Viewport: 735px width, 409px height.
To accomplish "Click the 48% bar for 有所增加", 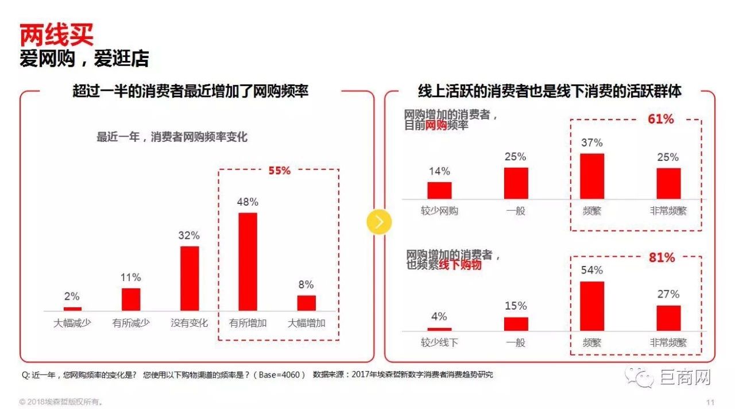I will (247, 261).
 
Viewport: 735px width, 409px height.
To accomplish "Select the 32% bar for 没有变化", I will (189, 278).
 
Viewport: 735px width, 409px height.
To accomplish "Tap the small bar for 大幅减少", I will (72, 308).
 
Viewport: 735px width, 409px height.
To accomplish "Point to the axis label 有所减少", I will (130, 323).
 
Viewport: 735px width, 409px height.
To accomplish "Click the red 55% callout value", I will (280, 171).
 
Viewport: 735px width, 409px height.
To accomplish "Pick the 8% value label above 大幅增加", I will (306, 285).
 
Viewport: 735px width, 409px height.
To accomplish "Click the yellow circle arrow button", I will (379, 222).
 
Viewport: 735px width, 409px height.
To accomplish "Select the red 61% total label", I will (660, 119).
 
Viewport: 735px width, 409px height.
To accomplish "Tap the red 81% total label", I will (661, 258).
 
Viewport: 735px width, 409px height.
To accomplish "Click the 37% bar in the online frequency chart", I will (592, 176).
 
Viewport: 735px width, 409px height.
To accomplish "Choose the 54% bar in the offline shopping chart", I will (592, 306).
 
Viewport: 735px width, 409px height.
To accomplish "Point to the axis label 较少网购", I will (439, 211).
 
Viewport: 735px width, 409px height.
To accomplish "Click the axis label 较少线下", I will (439, 343).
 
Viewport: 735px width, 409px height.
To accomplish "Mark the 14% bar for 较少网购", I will (439, 190).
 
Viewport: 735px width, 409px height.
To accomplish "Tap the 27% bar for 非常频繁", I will (668, 318).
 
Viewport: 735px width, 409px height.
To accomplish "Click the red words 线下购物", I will (460, 265).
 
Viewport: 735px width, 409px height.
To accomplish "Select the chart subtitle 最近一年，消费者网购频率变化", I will (172, 137).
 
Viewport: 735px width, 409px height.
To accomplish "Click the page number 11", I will (710, 402).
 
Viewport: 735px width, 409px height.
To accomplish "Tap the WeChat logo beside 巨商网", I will (640, 377).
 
